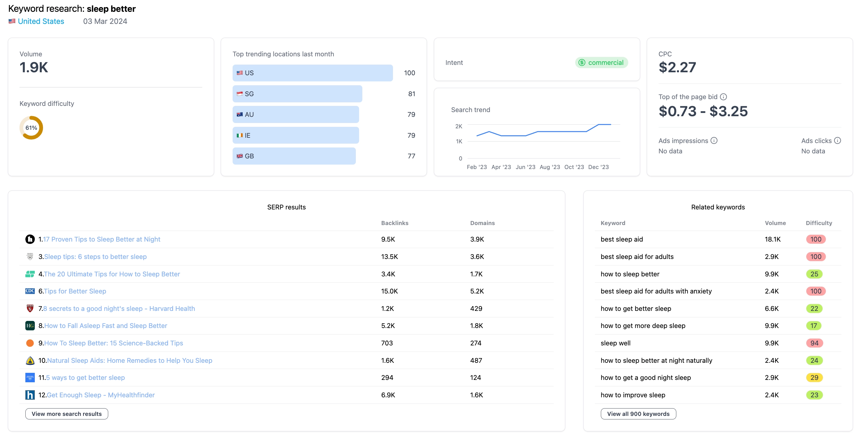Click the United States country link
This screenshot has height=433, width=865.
click(41, 21)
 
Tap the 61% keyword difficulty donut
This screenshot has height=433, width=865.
click(31, 128)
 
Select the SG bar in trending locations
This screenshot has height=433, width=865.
click(297, 94)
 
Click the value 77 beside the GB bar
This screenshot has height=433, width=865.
click(411, 156)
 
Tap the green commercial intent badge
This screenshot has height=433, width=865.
click(601, 63)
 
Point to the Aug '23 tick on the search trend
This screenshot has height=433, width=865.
click(550, 167)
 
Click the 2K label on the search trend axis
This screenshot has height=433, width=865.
click(458, 126)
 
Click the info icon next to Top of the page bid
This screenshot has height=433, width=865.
click(723, 97)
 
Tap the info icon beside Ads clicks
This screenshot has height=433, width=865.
click(838, 140)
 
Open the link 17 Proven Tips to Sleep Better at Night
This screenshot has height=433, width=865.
click(101, 239)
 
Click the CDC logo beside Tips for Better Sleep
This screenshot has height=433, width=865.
click(30, 291)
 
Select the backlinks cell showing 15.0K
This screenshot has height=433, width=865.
click(389, 291)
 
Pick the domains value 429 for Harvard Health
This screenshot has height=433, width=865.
click(476, 308)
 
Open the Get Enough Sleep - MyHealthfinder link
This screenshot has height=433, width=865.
click(101, 395)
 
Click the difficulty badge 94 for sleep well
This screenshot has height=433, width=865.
click(814, 343)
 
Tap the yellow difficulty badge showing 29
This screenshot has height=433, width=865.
click(814, 378)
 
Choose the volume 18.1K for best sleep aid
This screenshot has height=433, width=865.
click(772, 239)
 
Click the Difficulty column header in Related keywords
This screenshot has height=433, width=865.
click(819, 223)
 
